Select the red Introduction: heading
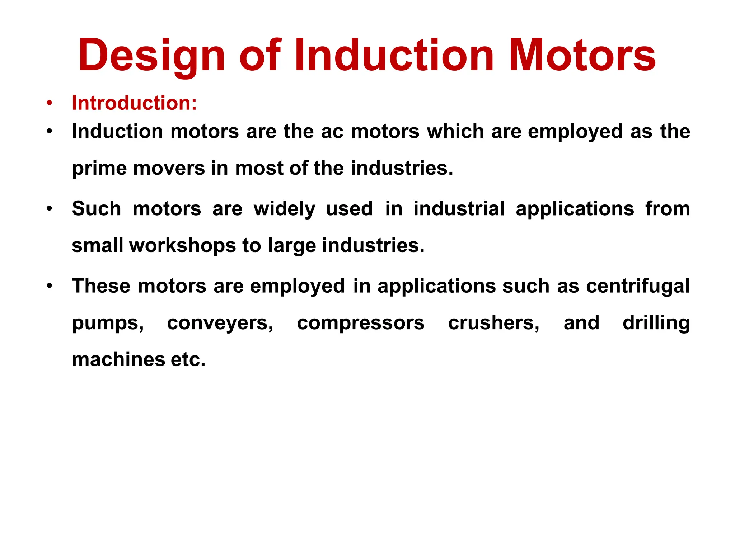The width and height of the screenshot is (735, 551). click(134, 103)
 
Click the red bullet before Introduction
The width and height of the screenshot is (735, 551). click(49, 103)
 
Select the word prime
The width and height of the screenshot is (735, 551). click(99, 168)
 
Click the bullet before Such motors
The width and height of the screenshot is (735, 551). click(49, 209)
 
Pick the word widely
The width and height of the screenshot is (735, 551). click(285, 209)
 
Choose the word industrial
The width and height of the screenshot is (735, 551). click(459, 209)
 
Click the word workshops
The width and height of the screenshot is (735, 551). click(182, 246)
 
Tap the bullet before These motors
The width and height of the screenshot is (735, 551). click(49, 286)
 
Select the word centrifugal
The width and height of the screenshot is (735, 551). click(638, 286)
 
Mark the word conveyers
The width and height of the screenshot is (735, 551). click(220, 323)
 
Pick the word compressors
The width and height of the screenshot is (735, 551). click(361, 323)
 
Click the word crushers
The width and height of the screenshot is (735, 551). click(493, 323)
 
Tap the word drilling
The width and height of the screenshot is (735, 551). click(656, 323)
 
